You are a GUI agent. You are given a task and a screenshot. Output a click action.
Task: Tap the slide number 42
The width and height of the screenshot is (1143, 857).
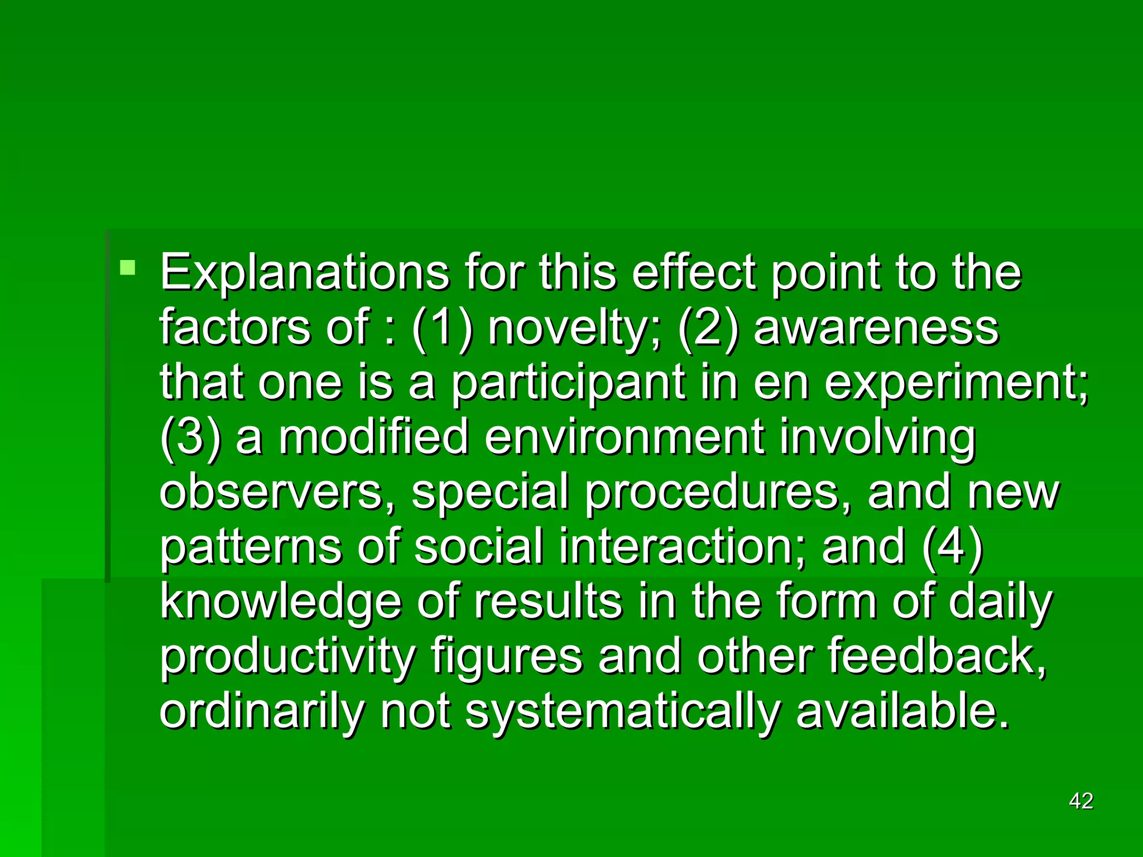point(1080,801)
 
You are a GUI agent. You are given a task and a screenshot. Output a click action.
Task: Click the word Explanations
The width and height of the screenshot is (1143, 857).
point(304,273)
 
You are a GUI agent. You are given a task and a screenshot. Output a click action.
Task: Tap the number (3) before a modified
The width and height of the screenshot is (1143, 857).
point(190,437)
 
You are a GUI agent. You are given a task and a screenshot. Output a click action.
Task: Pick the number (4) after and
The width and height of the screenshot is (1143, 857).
point(952,546)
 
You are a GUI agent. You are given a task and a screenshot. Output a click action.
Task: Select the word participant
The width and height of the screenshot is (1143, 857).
point(568,383)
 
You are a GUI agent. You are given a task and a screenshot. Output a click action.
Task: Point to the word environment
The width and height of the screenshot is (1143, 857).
point(623,437)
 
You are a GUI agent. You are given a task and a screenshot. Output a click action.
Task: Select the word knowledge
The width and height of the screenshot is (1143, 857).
point(281,602)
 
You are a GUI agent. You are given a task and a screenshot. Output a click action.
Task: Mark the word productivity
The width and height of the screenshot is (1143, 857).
point(287,657)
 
